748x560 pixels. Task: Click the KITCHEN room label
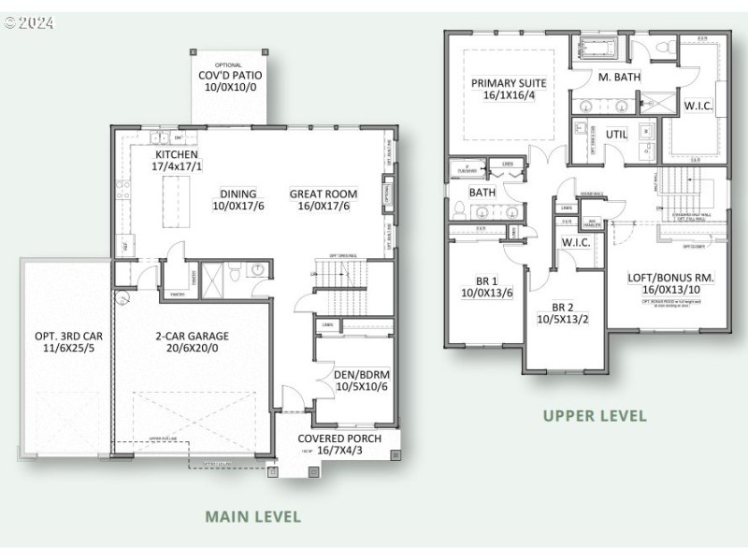[x=178, y=154]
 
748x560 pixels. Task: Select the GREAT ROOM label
[x=323, y=194]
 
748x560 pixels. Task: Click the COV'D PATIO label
[x=229, y=76]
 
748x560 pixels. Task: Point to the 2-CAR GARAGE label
[x=191, y=336]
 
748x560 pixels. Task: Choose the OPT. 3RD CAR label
[x=65, y=336]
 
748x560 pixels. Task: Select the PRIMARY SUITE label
[x=509, y=82]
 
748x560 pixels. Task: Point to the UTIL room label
[x=616, y=134]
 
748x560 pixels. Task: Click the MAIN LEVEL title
[x=252, y=516]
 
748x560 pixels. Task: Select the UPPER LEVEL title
[x=595, y=415]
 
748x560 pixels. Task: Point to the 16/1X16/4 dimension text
[x=509, y=95]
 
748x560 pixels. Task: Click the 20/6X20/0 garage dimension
[x=191, y=349]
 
